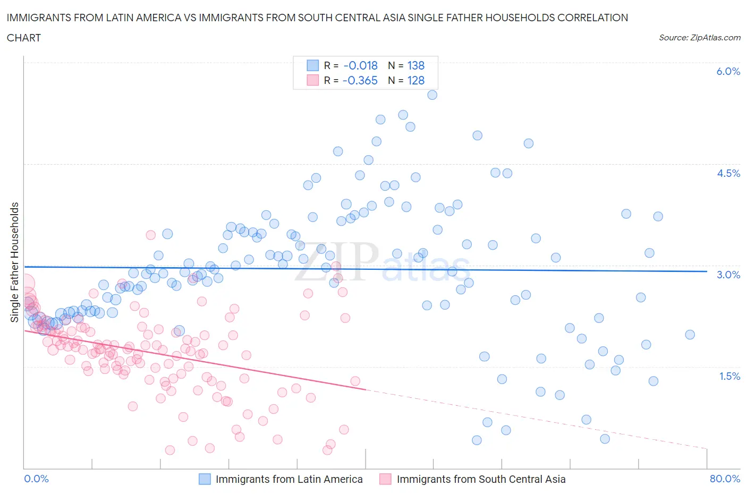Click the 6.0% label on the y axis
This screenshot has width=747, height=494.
coord(728,71)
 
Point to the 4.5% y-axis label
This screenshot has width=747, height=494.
coord(728,173)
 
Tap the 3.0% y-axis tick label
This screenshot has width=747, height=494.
coord(728,275)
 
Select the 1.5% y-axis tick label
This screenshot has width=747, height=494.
coord(729,376)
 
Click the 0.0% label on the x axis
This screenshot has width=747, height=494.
coord(36,479)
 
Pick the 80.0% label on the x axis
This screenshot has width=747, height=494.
coord(725,479)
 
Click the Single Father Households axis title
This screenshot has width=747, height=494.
coord(14,262)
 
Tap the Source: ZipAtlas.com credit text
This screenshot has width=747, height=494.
coord(699,37)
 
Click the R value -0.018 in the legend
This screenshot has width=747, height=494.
coord(360,65)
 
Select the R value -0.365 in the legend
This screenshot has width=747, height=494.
coord(360,80)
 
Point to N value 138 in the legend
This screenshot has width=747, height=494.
coord(415,65)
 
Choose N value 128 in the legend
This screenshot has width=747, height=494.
coord(415,80)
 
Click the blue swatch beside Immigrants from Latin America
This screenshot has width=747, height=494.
coord(205,479)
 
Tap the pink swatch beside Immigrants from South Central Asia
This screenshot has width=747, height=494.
coord(385,479)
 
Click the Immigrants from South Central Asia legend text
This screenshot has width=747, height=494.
coord(481,479)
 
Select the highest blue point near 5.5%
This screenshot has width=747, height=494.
coord(432,95)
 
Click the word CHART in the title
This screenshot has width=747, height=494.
coord(24,38)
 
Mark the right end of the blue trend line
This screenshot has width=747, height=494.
coord(707,271)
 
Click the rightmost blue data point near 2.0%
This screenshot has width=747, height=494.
coord(690,334)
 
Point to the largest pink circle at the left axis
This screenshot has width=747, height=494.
coord(25,284)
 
